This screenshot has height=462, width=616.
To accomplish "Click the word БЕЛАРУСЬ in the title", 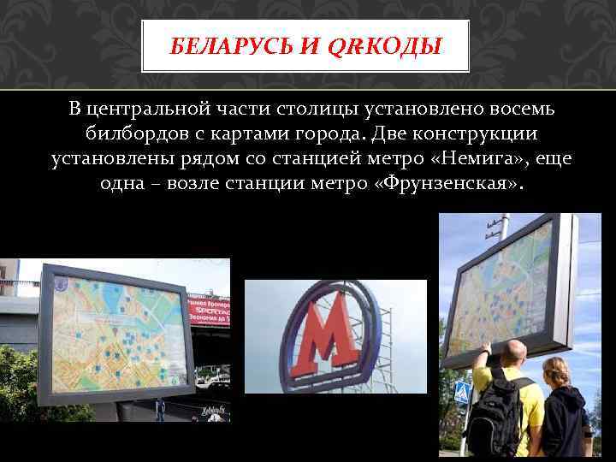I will click(x=222, y=46).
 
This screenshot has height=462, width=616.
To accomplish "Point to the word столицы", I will click(x=318, y=110).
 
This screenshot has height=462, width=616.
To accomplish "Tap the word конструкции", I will click(x=475, y=135).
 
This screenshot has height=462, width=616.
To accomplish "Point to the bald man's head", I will click(x=513, y=352).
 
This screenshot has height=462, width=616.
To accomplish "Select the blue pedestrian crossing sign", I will click(x=462, y=394).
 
